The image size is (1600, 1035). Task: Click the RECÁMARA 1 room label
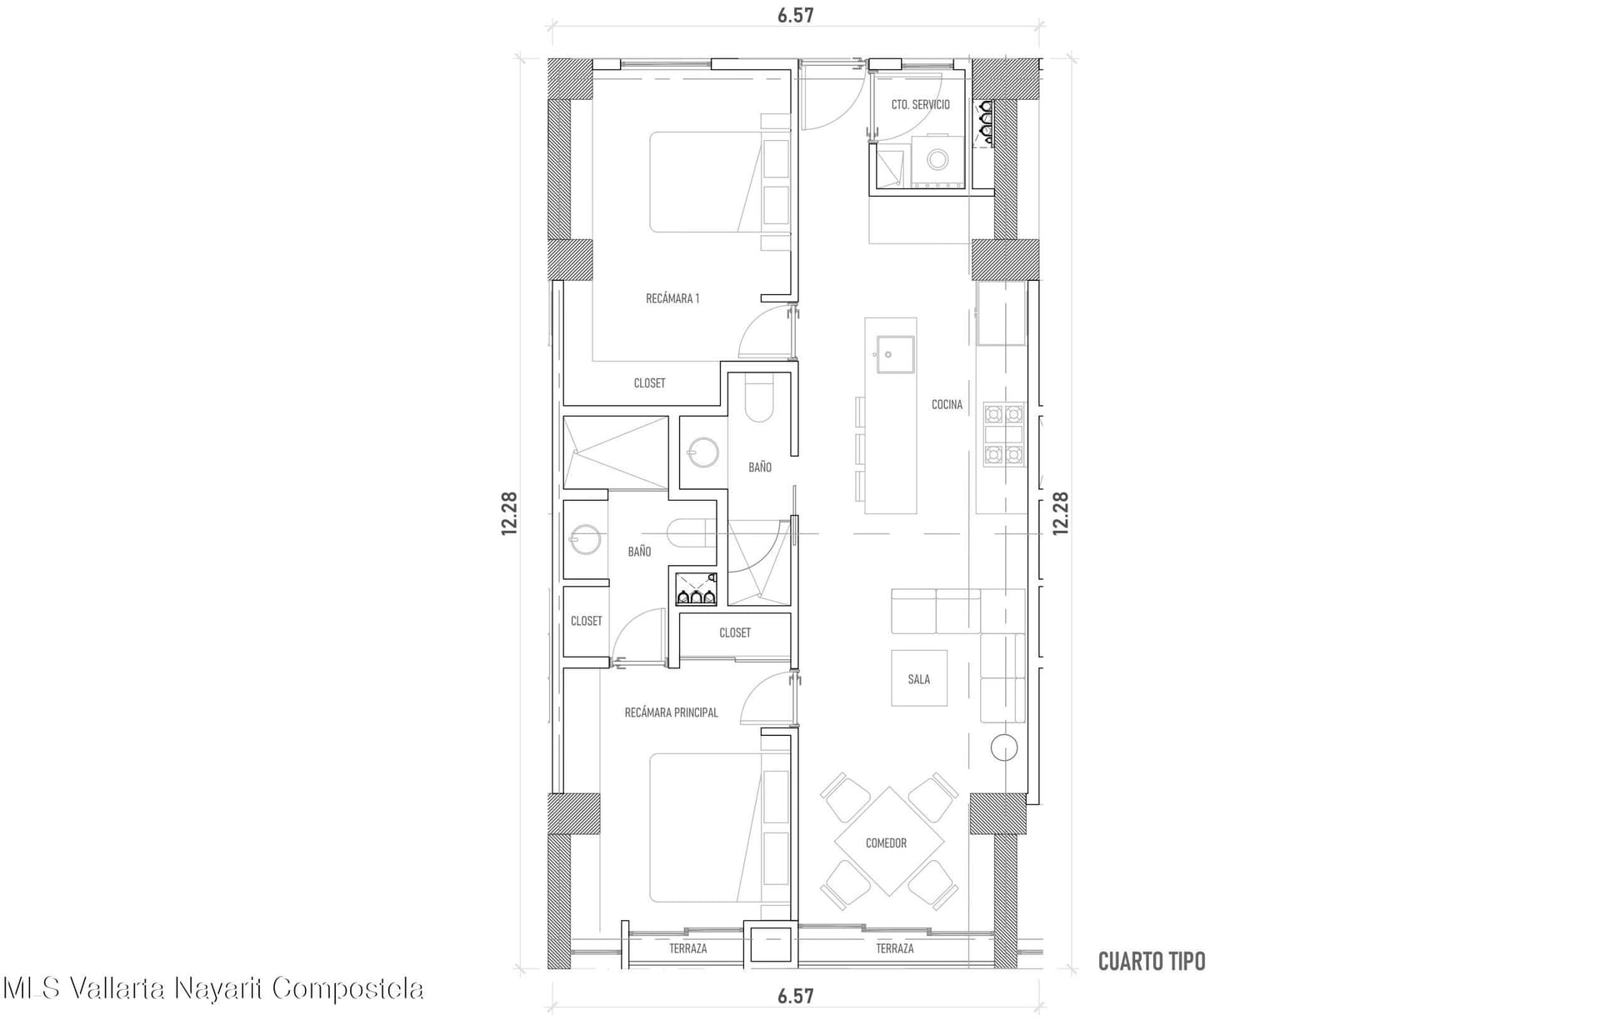[672, 298]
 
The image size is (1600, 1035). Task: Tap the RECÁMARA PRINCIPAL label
[671, 712]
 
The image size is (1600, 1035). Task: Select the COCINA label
[947, 404]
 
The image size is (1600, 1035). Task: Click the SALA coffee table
[919, 678]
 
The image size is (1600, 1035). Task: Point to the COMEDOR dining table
[888, 841]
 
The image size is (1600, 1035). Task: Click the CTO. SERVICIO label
[920, 105]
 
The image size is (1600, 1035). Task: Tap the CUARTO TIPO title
[1152, 962]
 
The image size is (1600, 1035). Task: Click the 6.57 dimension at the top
[796, 15]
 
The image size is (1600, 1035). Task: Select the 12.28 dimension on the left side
[509, 513]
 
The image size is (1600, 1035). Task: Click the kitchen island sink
[895, 354]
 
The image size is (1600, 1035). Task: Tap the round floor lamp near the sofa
[1004, 747]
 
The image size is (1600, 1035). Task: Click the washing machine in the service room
[938, 159]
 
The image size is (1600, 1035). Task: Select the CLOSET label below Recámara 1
[649, 383]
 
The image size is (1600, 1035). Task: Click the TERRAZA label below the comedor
[894, 948]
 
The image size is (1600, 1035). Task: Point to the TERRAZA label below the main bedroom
[687, 948]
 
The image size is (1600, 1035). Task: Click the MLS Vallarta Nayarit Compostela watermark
[213, 988]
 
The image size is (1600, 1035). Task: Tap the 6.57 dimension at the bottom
[796, 996]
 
